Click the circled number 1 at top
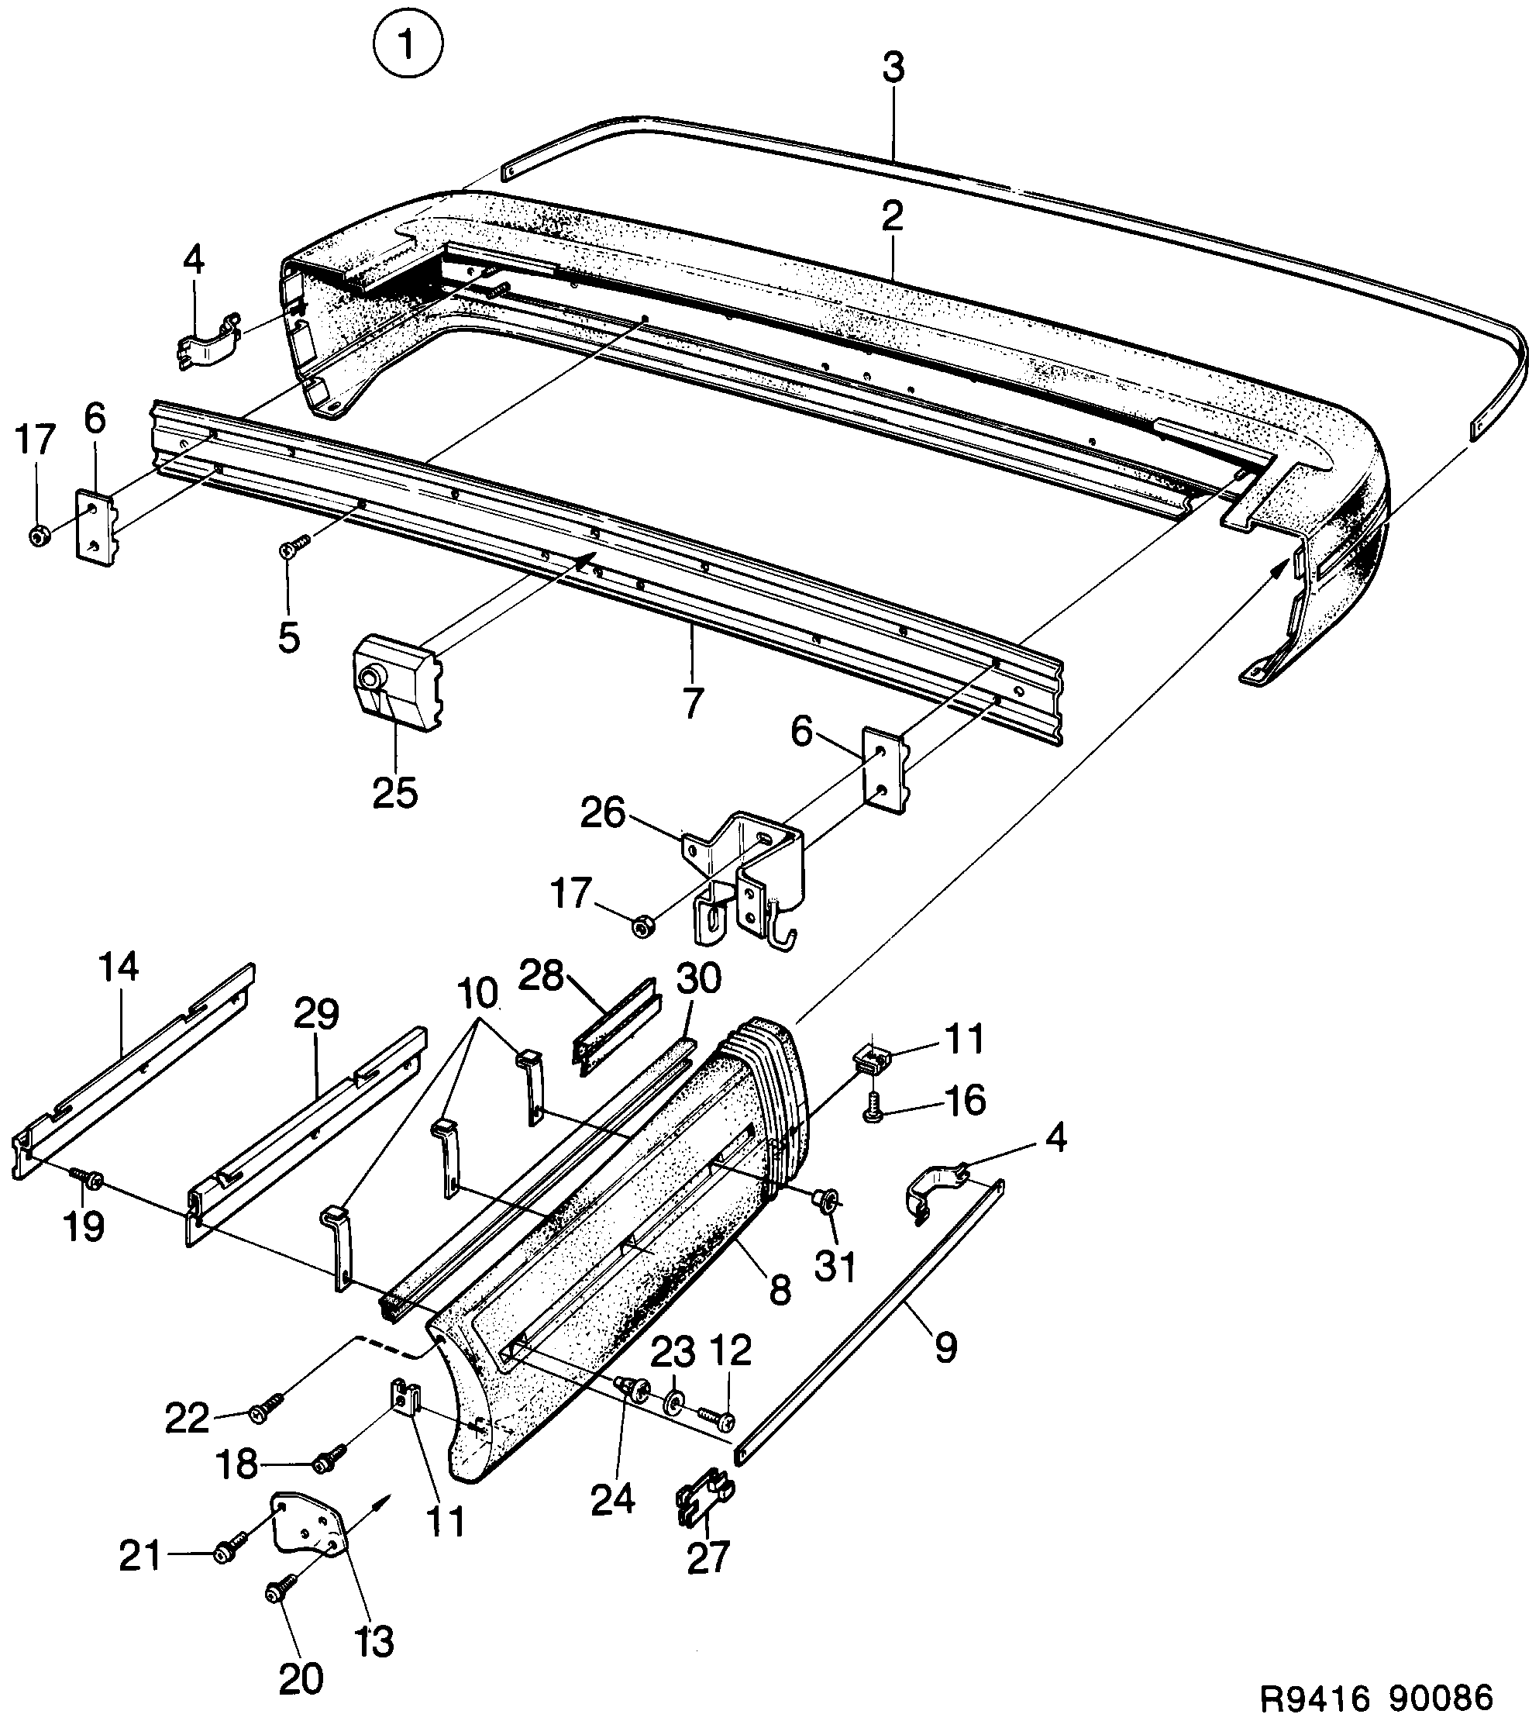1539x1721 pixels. click(408, 47)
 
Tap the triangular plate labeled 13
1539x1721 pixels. click(309, 1532)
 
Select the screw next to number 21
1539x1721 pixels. click(229, 1551)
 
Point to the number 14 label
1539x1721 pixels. click(119, 967)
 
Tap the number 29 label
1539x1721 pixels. click(316, 1014)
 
